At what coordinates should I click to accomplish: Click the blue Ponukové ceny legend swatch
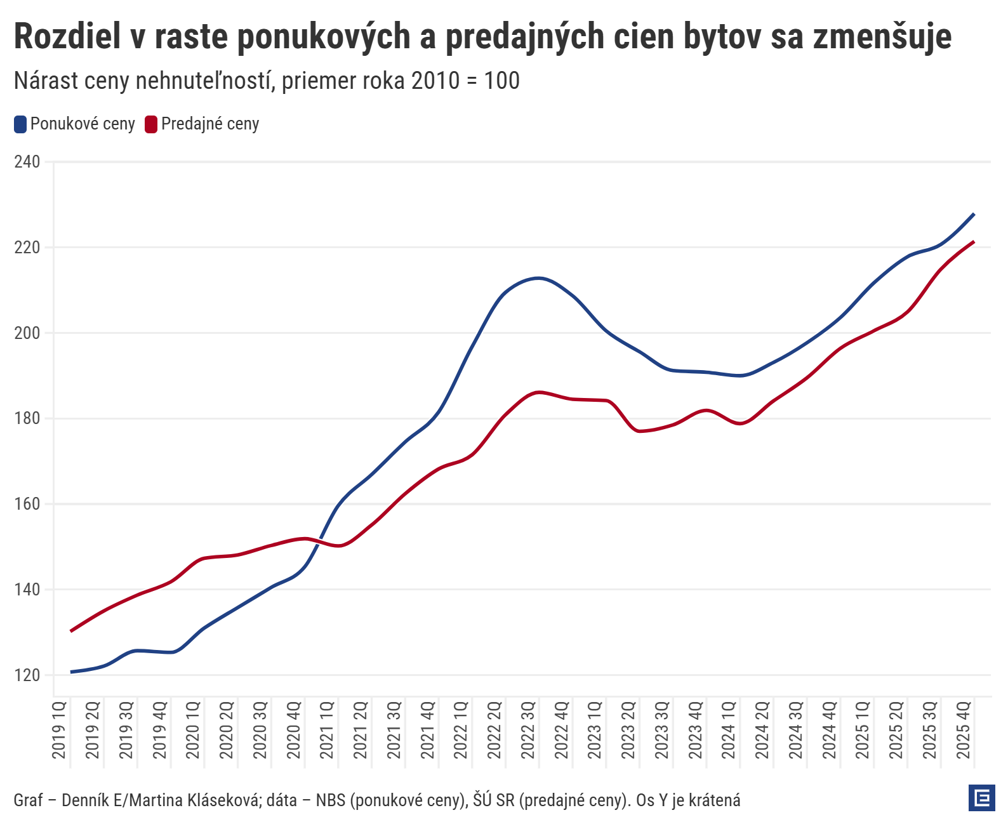[x=20, y=124]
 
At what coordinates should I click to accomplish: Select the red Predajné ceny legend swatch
[x=151, y=124]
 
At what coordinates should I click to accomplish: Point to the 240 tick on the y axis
[x=27, y=162]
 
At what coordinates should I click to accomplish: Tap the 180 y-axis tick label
[x=27, y=419]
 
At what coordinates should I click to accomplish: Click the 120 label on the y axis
[x=27, y=675]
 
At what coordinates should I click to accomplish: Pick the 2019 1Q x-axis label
[x=60, y=730]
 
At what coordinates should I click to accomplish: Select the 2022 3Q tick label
[x=528, y=730]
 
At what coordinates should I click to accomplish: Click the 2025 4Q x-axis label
[x=964, y=730]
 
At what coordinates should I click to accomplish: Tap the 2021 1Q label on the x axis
[x=328, y=730]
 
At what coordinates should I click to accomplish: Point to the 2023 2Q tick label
[x=628, y=730]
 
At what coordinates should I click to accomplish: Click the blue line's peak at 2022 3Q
[x=539, y=278]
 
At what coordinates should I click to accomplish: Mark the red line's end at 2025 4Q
[x=974, y=242]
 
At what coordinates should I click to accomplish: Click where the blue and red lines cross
[x=319, y=541]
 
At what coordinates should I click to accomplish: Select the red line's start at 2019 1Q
[x=70, y=631]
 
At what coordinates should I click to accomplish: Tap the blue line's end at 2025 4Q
[x=974, y=214]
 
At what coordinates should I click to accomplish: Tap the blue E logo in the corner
[x=982, y=798]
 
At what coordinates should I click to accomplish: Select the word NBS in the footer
[x=331, y=800]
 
